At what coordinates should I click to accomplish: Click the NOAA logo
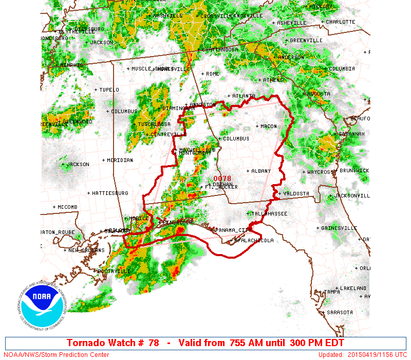(41, 307)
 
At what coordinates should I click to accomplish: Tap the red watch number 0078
(219, 178)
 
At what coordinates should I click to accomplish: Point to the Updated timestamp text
(362, 355)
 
